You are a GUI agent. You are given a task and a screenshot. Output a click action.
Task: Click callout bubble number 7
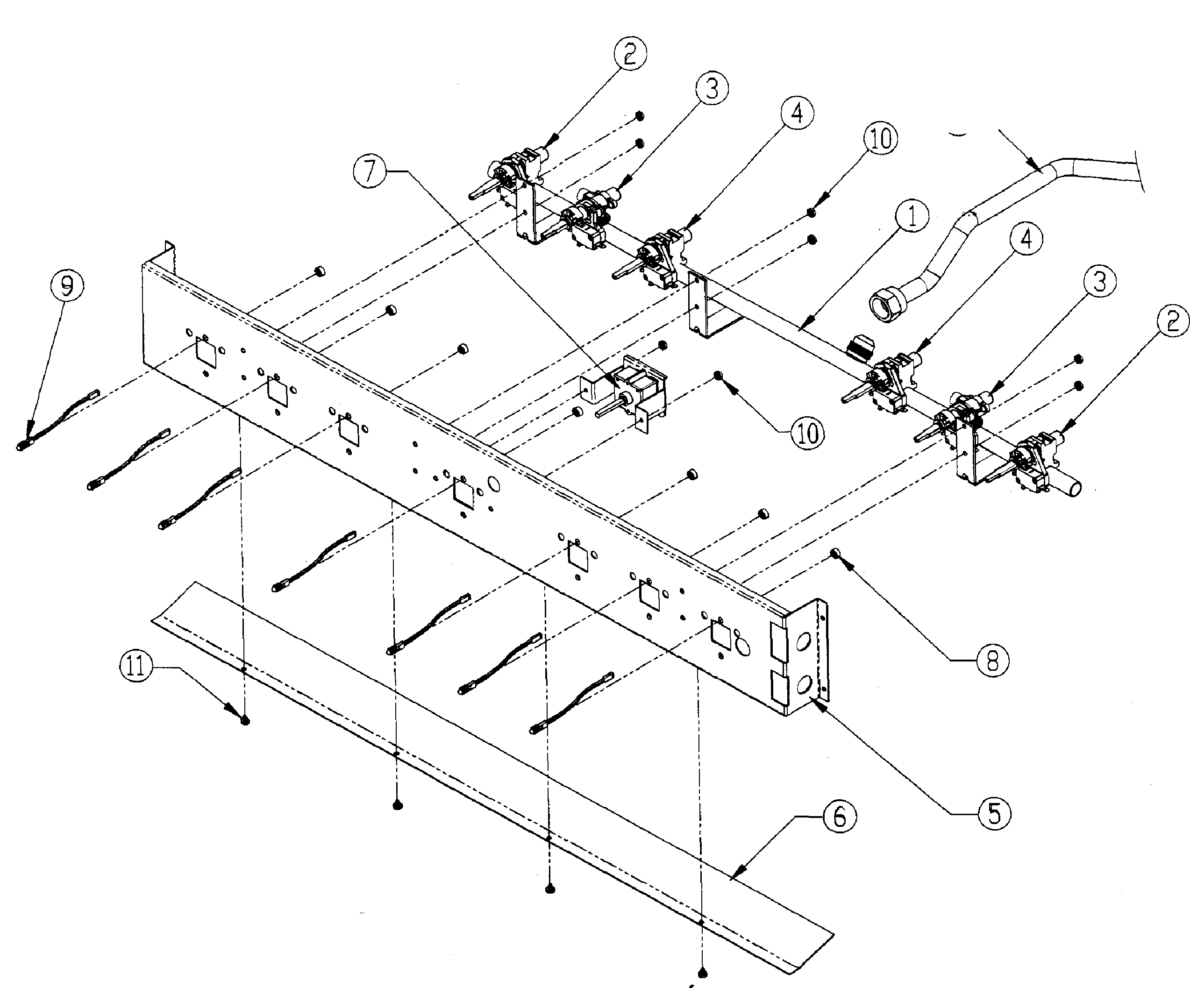(x=370, y=171)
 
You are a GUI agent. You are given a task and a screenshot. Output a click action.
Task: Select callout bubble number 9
(x=66, y=286)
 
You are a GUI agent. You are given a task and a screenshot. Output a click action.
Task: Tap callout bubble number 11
(x=136, y=665)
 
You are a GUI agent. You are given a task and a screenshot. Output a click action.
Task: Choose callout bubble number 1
(x=912, y=216)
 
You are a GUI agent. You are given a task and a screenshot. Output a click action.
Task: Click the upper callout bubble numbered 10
(x=881, y=138)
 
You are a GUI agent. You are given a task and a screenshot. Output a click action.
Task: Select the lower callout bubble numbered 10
(x=807, y=434)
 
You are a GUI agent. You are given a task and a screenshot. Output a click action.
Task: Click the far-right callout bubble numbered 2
(x=1172, y=321)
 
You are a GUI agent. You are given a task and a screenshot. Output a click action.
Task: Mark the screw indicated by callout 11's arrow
(x=245, y=721)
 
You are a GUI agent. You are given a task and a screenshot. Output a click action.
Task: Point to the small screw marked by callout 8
(x=835, y=552)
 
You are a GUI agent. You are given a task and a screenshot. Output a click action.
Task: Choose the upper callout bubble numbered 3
(x=712, y=88)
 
